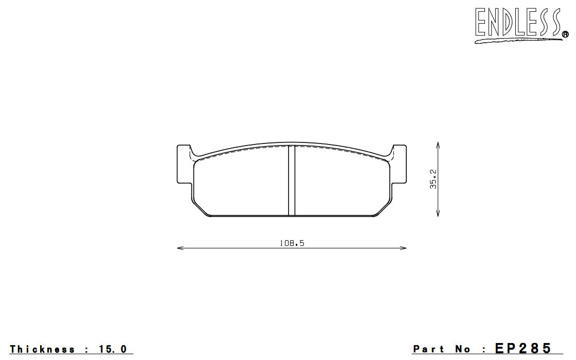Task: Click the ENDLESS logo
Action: [521, 25]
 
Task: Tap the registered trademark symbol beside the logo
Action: [566, 34]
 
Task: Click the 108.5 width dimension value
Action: [292, 243]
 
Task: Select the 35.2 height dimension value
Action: [434, 179]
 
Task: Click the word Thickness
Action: [42, 349]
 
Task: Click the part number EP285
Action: [523, 348]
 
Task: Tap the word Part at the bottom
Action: [428, 349]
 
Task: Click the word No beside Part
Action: [462, 349]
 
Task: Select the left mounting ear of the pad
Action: [185, 164]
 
